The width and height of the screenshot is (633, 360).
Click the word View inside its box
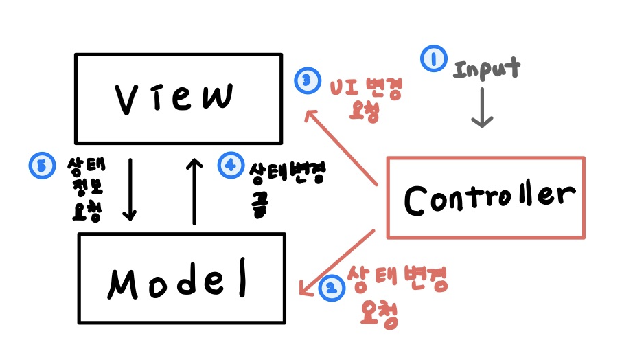tap(174, 98)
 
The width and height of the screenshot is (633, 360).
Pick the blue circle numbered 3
tap(306, 80)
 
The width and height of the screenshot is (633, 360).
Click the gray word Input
tap(487, 69)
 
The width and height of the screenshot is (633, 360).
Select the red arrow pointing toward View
tap(342, 147)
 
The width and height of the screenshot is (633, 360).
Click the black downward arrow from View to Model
tap(129, 190)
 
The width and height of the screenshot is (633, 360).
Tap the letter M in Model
tap(124, 281)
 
